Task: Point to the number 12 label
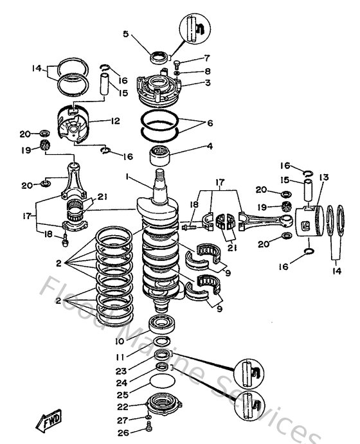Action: (x=116, y=120)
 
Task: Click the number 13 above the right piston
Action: (x=323, y=177)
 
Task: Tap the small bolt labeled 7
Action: (x=176, y=63)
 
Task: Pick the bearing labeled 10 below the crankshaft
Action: (x=161, y=323)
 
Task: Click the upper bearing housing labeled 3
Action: (x=159, y=88)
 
